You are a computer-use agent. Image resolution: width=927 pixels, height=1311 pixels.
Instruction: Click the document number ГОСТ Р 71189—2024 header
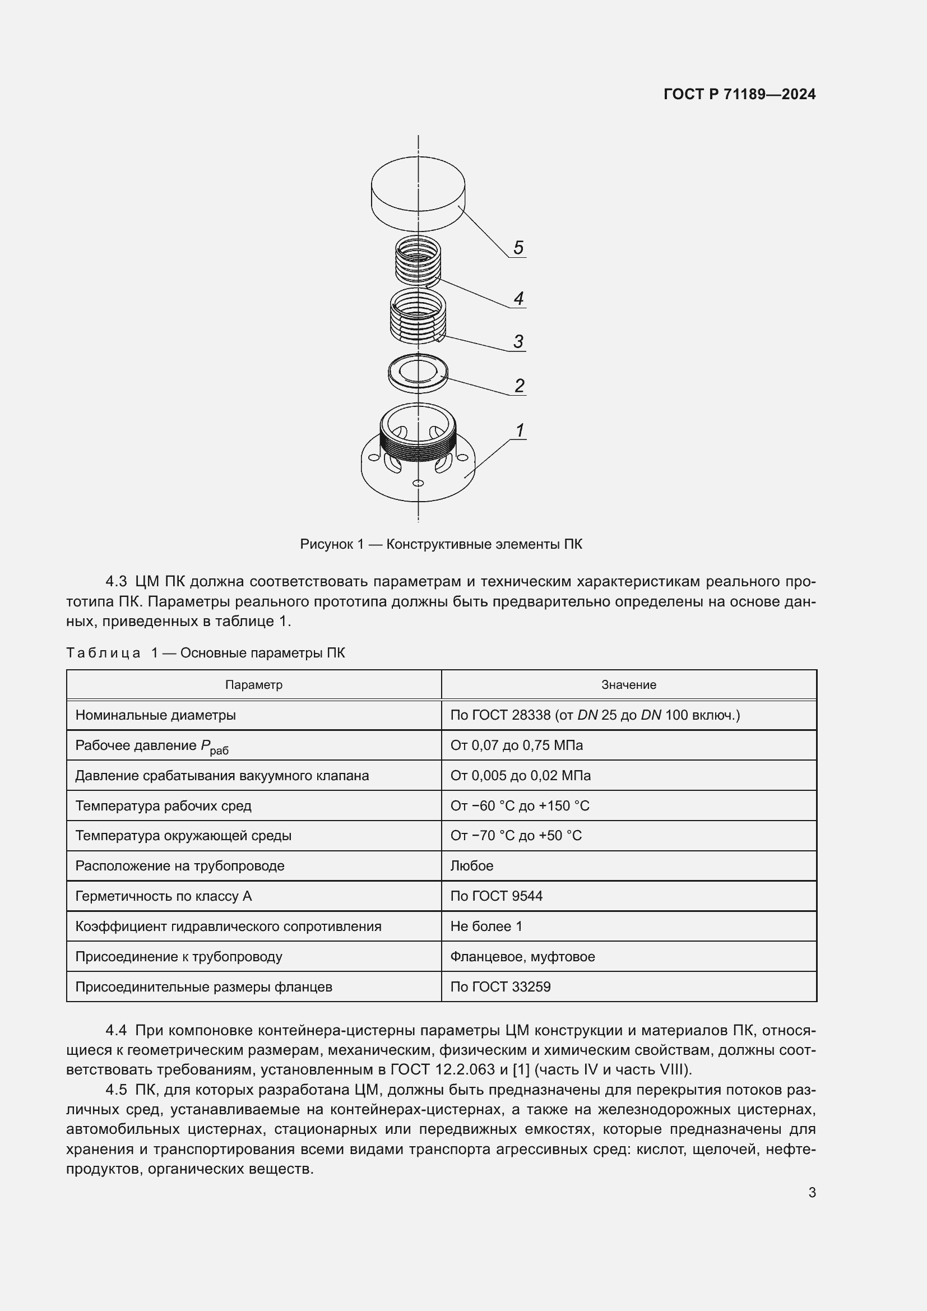tap(739, 94)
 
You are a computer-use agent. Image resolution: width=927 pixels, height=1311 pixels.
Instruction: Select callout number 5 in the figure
tap(518, 247)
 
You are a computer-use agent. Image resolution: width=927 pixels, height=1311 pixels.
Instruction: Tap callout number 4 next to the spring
tap(518, 298)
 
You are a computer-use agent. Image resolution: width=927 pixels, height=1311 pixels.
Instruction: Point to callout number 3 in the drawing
tap(518, 341)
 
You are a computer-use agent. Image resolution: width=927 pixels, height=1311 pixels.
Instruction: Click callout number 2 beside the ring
tap(519, 386)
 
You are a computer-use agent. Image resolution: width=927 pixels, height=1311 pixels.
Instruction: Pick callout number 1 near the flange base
tap(520, 430)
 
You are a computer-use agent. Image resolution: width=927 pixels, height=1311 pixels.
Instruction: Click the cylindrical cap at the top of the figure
tap(418, 191)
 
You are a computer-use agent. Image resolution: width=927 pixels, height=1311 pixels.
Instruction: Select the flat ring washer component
tap(418, 372)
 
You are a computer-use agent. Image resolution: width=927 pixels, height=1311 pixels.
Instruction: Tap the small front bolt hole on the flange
tap(418, 484)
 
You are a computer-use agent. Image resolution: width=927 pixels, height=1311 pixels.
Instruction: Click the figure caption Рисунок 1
tap(441, 544)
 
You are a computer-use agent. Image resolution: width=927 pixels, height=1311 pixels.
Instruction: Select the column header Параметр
tap(253, 684)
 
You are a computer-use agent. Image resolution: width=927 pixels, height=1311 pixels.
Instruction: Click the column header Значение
tap(628, 684)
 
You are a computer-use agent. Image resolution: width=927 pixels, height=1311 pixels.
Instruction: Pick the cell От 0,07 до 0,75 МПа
tap(516, 745)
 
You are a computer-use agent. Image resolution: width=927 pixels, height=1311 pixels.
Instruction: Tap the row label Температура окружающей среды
tap(183, 835)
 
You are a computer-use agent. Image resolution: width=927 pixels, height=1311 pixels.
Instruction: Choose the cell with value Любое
tap(471, 865)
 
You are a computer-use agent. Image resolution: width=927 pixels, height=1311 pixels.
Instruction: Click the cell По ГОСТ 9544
tap(496, 896)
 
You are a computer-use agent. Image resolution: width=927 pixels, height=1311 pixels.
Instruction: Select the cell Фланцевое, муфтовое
tap(522, 956)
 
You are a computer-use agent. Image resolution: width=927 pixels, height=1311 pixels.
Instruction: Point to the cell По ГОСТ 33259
tap(500, 986)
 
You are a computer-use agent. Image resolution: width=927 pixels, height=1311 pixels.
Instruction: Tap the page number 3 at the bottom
tap(812, 1192)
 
